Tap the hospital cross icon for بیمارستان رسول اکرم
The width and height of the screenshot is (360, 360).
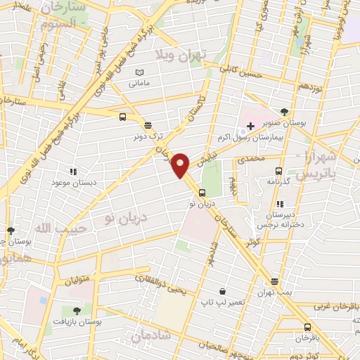250,125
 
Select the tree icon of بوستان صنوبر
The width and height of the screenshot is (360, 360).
284,111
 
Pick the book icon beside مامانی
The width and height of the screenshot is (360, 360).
139,72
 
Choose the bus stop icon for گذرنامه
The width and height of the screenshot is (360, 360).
279,170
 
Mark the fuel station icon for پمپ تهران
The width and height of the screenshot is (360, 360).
274,281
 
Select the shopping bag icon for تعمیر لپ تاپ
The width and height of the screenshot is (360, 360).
223,291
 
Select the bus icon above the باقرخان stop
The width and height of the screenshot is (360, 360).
307,327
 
